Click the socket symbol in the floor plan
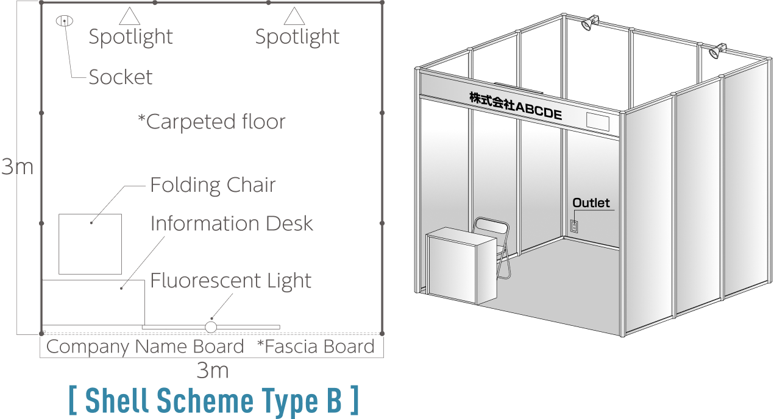pyautogui.click(x=64, y=21)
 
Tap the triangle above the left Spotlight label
pyautogui.click(x=130, y=16)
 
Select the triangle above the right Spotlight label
pyautogui.click(x=294, y=16)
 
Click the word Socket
pyautogui.click(x=120, y=77)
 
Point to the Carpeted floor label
pyautogui.click(x=212, y=122)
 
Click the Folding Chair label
pyautogui.click(x=213, y=185)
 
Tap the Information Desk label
pyautogui.click(x=232, y=223)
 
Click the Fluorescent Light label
pyautogui.click(x=231, y=280)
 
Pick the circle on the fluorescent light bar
pyautogui.click(x=211, y=327)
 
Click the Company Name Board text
pyautogui.click(x=145, y=347)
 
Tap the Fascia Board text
pyautogui.click(x=316, y=347)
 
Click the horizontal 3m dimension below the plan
pyautogui.click(x=213, y=371)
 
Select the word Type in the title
pyautogui.click(x=289, y=401)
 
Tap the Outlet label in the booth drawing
pyautogui.click(x=591, y=203)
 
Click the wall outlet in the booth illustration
pyautogui.click(x=574, y=227)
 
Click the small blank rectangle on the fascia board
pyautogui.click(x=598, y=122)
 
